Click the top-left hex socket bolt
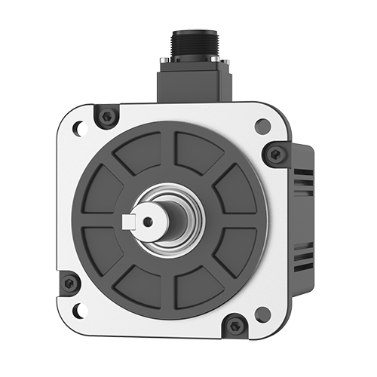pos(107,117)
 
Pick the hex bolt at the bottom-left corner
pos(69,284)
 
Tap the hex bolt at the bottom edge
pos(235,326)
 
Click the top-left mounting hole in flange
pos(77,129)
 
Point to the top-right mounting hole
pos(262,127)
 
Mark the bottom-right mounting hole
pos(262,313)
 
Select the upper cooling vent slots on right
pos(303,181)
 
